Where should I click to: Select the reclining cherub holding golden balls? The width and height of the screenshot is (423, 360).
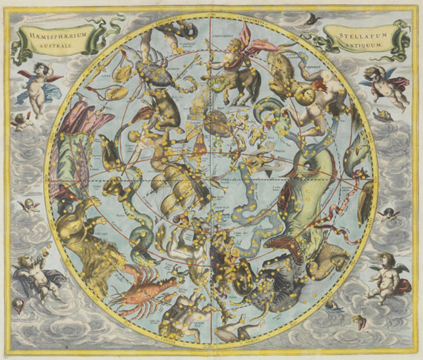point(37,275)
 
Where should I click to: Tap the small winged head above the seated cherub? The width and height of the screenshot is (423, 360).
point(387,215)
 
